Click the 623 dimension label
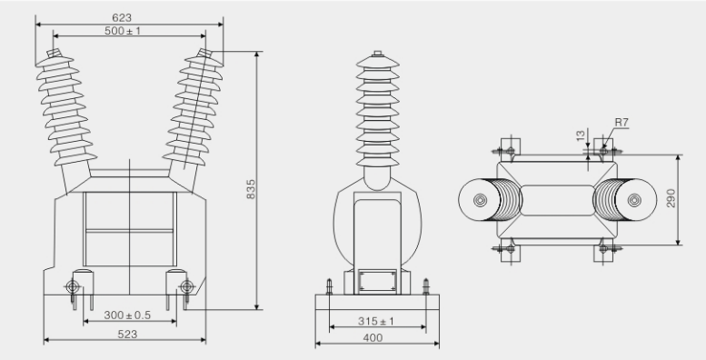[x=122, y=17]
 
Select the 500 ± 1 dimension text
[x=123, y=31]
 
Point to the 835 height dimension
[x=251, y=189]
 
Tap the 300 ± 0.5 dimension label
[x=127, y=315]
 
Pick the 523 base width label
[x=127, y=334]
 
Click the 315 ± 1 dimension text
[x=376, y=321]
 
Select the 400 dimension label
[x=373, y=337]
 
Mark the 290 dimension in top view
[x=671, y=198]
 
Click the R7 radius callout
[x=621, y=122]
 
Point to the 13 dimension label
[x=581, y=135]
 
